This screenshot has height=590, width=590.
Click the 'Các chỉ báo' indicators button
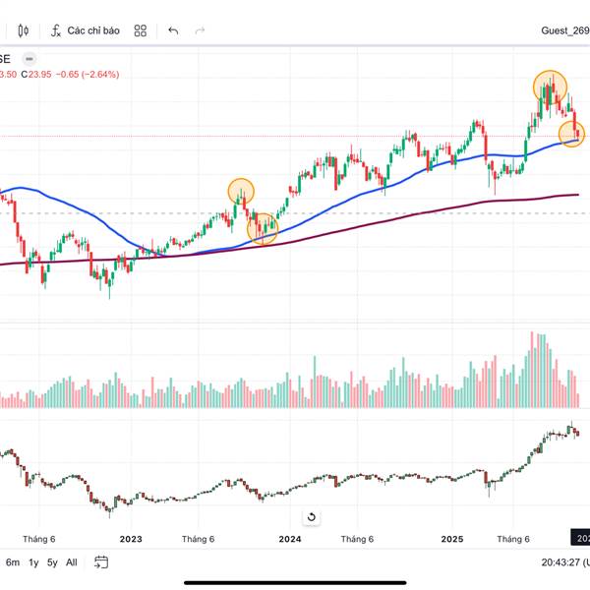click(x=86, y=30)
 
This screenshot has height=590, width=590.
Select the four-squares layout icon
click(x=141, y=30)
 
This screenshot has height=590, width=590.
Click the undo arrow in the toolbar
click(x=173, y=30)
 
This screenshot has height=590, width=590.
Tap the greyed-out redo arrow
click(x=201, y=30)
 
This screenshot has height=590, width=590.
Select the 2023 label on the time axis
click(x=131, y=539)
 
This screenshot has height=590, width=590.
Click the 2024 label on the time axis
click(x=289, y=539)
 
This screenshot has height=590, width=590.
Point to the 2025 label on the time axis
click(x=451, y=539)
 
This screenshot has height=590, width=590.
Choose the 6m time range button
click(x=13, y=562)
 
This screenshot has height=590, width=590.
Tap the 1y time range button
click(x=33, y=562)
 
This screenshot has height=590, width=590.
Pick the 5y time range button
click(x=52, y=562)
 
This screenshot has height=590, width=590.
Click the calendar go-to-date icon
click(x=101, y=562)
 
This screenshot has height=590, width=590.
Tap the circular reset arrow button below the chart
click(x=312, y=517)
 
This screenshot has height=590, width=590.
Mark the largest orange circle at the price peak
click(x=551, y=87)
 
